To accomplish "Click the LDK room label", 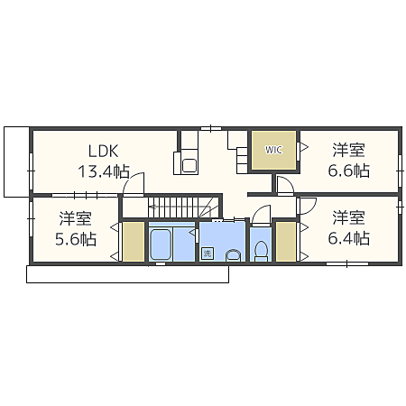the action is [104, 151].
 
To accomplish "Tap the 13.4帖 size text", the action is [104, 171].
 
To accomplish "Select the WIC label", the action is [273, 150].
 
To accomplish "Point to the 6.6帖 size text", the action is [349, 171].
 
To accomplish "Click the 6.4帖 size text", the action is [349, 238].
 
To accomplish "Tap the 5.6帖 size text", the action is [76, 239].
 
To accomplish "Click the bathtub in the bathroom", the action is [161, 245].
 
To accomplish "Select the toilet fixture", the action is [261, 252].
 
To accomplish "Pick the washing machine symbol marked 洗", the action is [208, 254].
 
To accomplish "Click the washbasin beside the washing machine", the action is [233, 255].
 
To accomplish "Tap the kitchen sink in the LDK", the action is [189, 165].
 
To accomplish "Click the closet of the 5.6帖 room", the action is [134, 242].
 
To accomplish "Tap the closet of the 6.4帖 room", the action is [286, 242].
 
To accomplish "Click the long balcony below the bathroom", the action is [128, 274].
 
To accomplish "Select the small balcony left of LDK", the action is [16, 161].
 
